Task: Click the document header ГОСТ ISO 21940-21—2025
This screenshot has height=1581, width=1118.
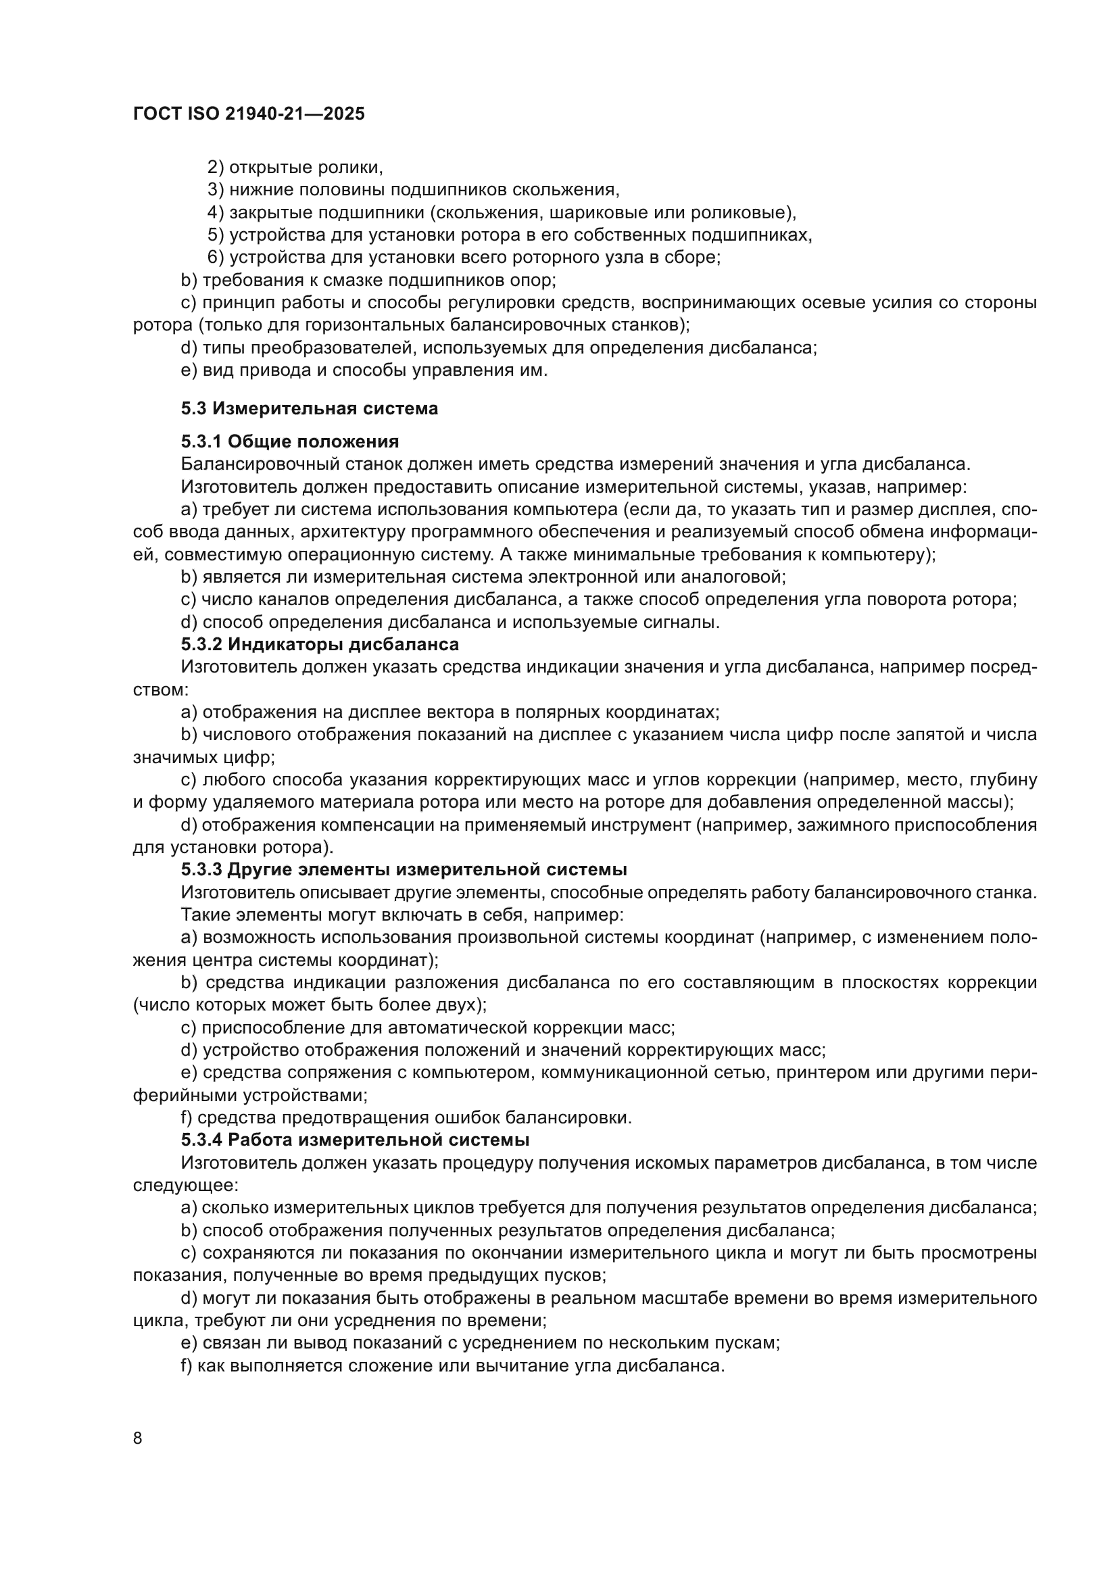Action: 249,114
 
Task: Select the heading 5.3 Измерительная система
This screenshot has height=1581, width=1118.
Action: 309,409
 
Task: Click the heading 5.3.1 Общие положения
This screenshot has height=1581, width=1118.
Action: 290,442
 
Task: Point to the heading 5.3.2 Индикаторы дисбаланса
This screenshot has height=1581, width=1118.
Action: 320,645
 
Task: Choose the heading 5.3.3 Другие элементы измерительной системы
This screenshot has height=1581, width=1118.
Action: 404,871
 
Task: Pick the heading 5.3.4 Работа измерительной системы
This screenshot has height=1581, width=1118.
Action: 355,1140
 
